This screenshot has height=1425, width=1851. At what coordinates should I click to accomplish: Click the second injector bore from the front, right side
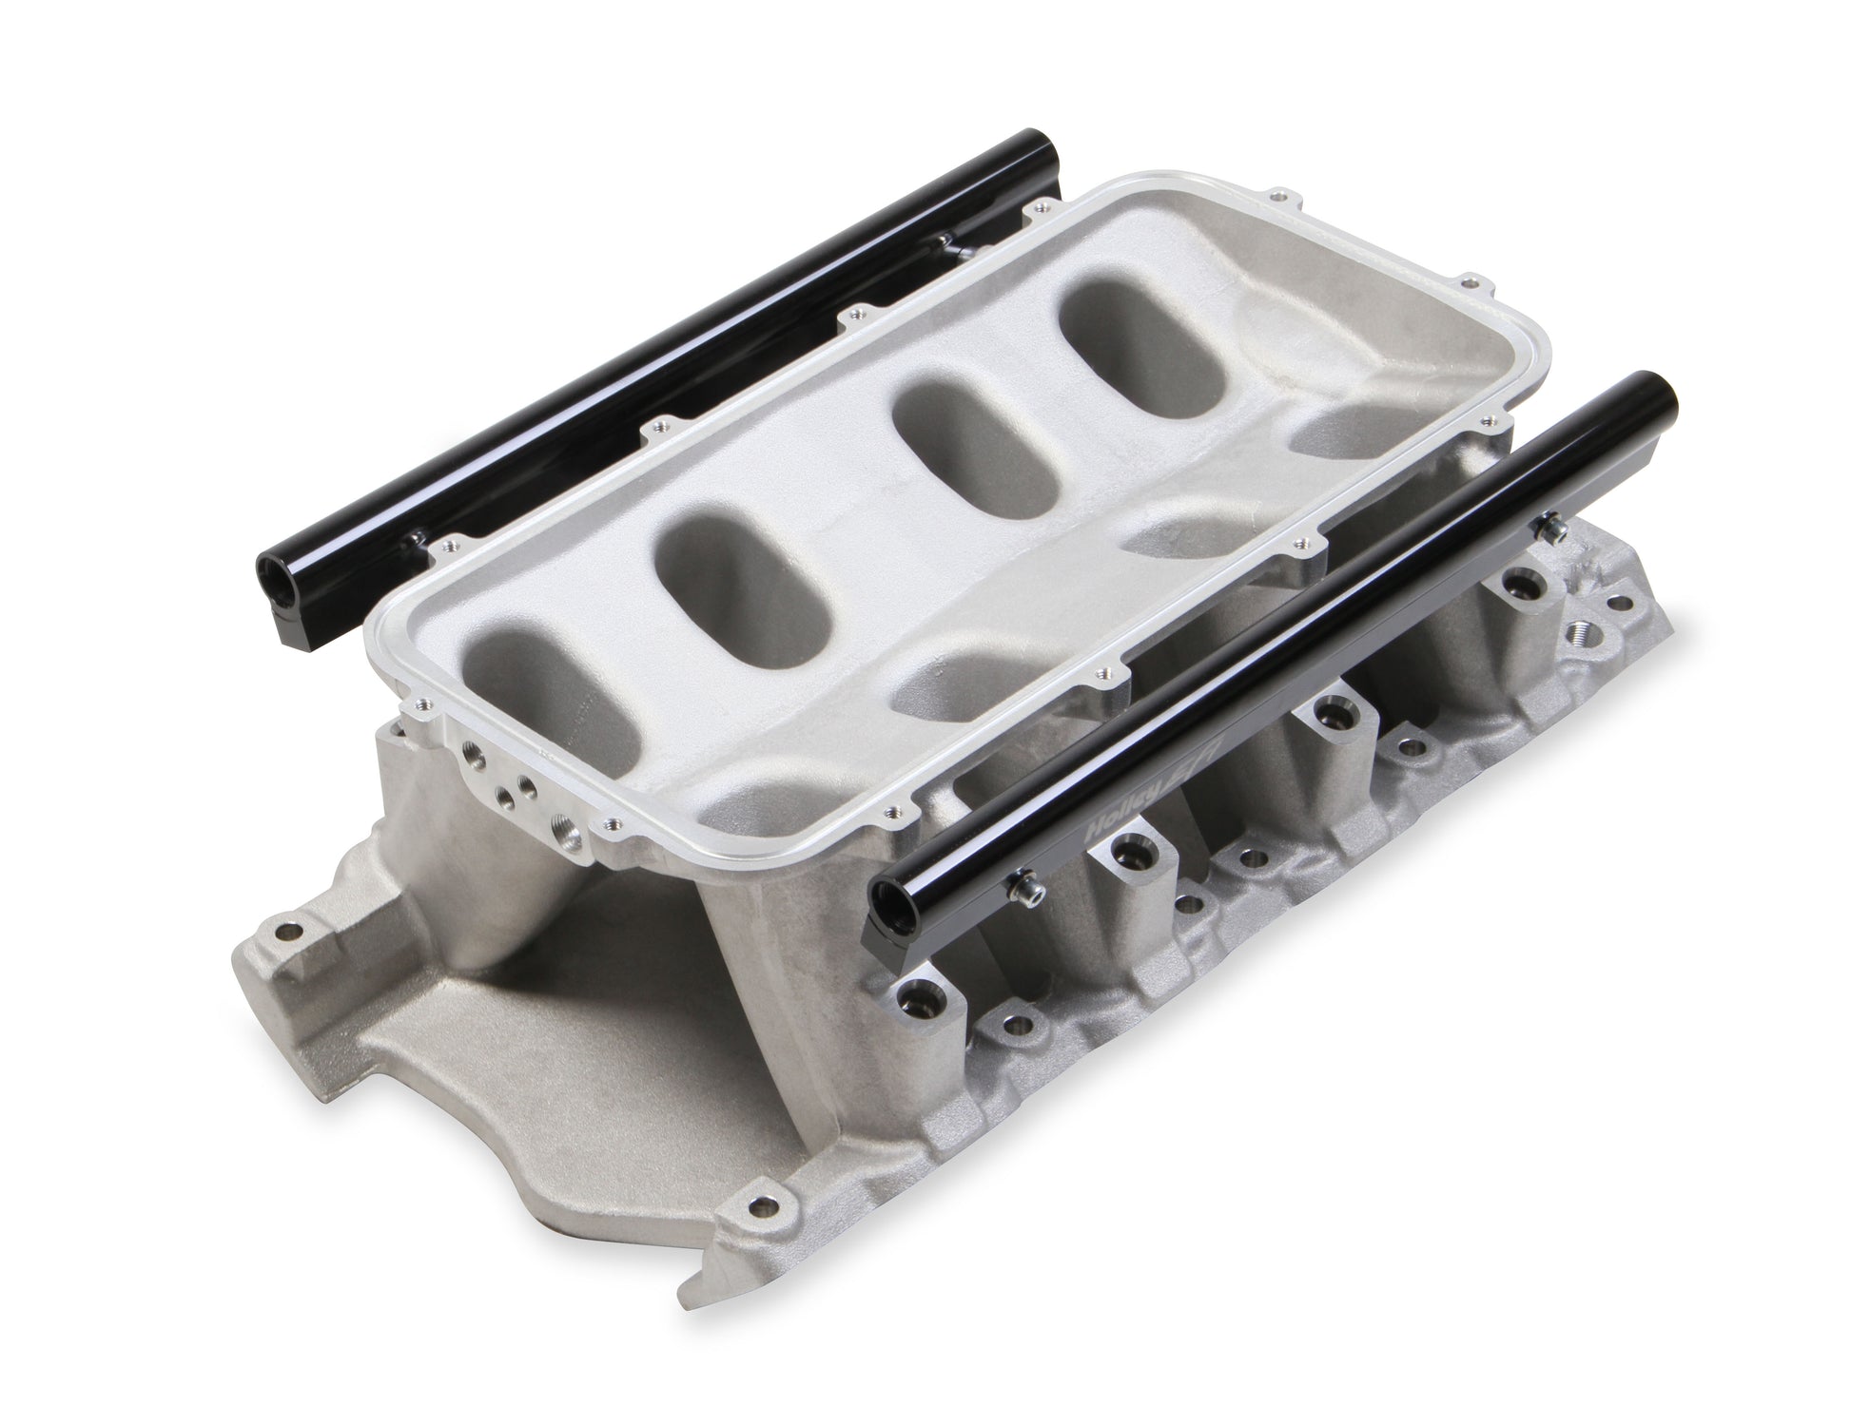pos(1132,842)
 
